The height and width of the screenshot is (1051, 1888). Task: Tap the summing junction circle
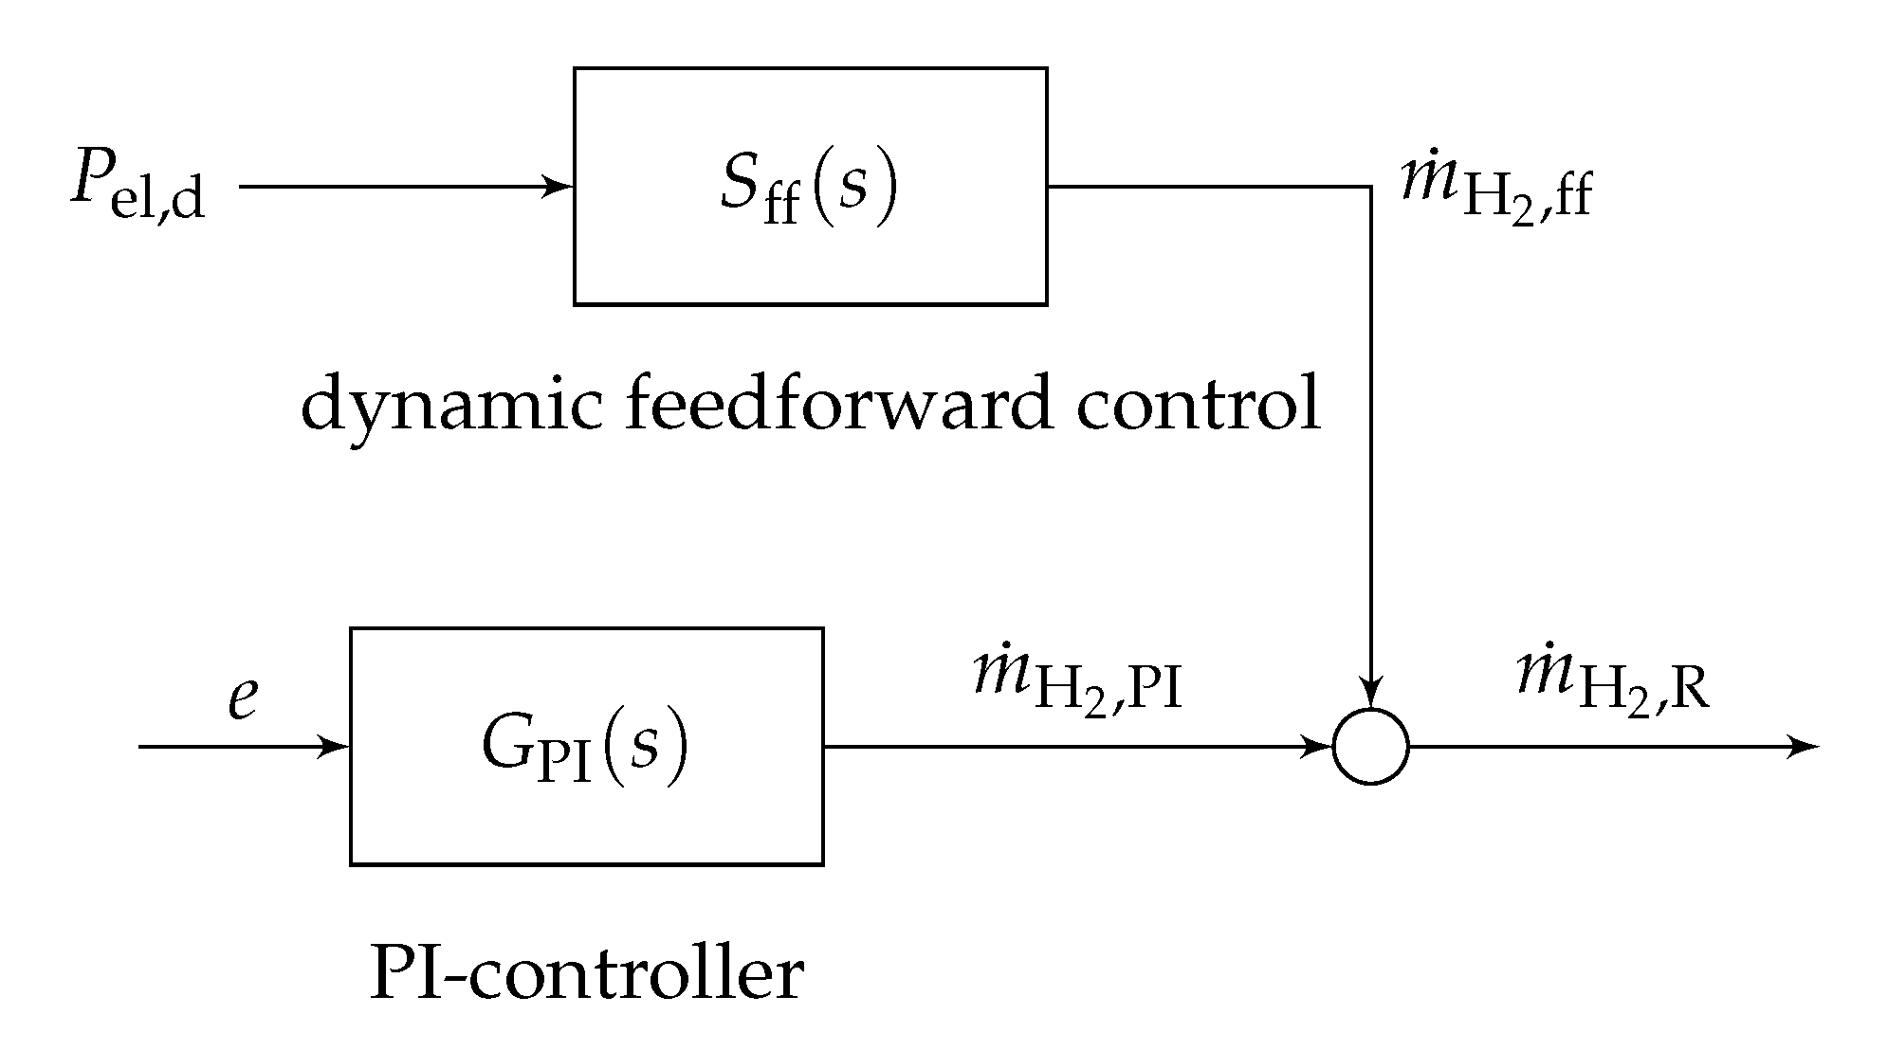coord(1370,747)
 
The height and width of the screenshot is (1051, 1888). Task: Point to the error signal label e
coord(243,699)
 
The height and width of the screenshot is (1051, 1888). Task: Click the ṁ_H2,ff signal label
coord(1495,189)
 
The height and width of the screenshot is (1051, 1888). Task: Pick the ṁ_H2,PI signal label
coord(1077,687)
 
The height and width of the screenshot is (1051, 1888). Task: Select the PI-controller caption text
coord(586,973)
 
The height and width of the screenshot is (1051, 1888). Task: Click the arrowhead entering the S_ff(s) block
coord(559,187)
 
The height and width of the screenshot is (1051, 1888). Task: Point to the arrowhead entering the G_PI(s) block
coord(336,747)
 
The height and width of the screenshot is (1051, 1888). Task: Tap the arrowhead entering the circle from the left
coord(1320,747)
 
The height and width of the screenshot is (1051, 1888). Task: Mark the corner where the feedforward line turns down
coord(1370,187)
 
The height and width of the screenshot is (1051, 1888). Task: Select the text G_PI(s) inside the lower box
coord(584,749)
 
